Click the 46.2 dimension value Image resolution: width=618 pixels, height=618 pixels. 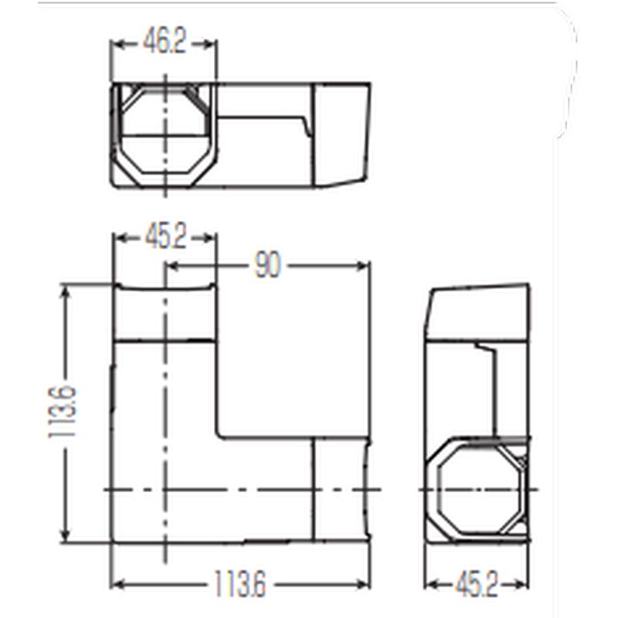pyautogui.click(x=164, y=42)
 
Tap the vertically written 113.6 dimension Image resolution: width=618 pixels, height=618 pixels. pyautogui.click(x=63, y=412)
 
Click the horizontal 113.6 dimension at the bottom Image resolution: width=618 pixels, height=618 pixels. pyautogui.click(x=240, y=584)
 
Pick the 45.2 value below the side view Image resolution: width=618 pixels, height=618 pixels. pyautogui.click(x=477, y=585)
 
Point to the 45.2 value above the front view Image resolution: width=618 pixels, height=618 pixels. pyautogui.click(x=165, y=237)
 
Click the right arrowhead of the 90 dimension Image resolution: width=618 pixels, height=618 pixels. pyautogui.click(x=362, y=266)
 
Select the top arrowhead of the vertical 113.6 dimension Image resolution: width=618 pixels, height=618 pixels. pyautogui.click(x=66, y=292)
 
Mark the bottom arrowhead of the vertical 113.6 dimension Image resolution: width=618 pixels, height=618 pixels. pyautogui.click(x=66, y=535)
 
